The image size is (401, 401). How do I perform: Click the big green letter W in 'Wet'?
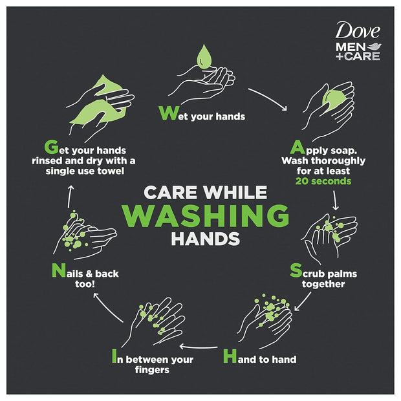point(167,113)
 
